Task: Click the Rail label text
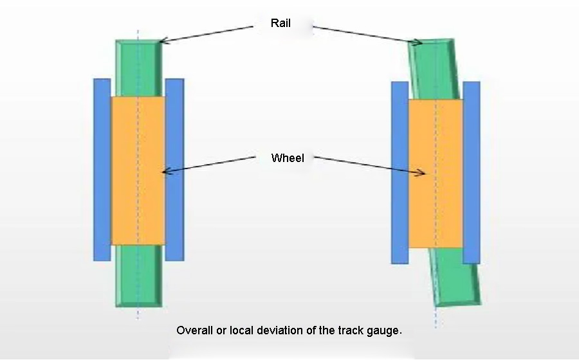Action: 281,24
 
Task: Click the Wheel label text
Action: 288,157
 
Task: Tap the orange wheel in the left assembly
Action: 138,170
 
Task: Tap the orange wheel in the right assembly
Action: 436,174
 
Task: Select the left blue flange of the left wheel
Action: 102,169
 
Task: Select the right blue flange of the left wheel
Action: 174,169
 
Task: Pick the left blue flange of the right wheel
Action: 400,172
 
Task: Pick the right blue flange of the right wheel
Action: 472,172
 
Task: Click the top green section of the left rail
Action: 138,67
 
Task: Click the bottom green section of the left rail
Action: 138,275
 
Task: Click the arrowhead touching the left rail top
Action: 162,42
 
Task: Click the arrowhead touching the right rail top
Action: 418,43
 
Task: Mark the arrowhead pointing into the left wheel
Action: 165,172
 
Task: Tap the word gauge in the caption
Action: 384,330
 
